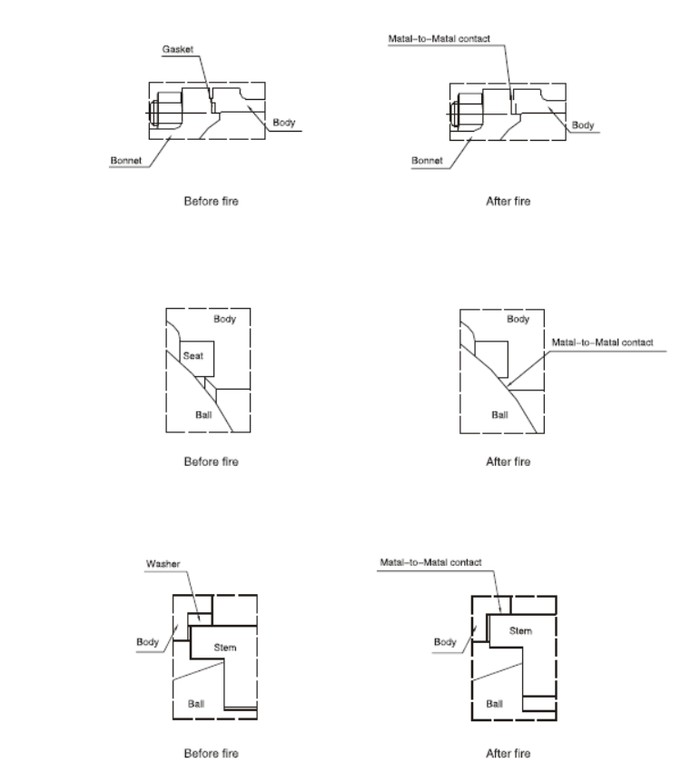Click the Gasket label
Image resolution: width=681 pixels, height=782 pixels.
tap(177, 49)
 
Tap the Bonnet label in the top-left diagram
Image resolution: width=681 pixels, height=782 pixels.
tap(126, 161)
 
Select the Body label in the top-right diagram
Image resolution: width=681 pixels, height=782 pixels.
tap(583, 125)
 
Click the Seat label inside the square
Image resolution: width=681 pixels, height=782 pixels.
tap(192, 356)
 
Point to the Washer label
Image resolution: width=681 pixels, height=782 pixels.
tap(163, 564)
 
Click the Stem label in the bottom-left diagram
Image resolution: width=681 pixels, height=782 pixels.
tap(225, 648)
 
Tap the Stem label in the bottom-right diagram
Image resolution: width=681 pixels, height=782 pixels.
tap(520, 631)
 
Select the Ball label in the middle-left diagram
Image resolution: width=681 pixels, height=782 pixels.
tap(203, 415)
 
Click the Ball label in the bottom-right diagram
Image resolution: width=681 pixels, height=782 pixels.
tap(494, 704)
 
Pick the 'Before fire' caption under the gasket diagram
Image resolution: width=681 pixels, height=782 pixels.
tap(212, 201)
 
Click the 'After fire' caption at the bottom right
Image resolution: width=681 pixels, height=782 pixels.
tap(508, 753)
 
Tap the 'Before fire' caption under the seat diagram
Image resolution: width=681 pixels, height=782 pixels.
tap(212, 461)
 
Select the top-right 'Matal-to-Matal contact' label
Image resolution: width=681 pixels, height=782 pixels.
tap(439, 39)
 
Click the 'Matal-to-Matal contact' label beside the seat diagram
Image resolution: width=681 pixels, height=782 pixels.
tap(602, 342)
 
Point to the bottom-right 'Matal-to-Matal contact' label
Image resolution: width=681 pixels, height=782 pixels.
tap(430, 562)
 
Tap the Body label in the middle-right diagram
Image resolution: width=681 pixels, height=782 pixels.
tap(518, 319)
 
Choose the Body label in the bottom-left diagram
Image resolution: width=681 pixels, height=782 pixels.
tap(148, 642)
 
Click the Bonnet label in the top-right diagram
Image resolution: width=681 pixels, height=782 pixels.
tap(427, 161)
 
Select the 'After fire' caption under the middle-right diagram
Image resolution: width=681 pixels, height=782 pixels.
tap(508, 461)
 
